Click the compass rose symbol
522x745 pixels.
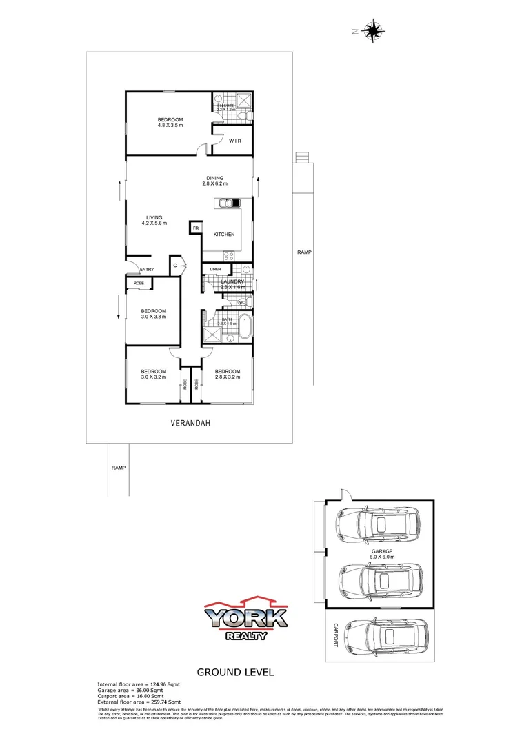373,30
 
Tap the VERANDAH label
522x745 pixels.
190,424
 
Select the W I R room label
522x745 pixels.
234,141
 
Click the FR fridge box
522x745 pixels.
196,228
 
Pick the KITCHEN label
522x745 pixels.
224,235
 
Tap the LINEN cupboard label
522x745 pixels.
214,269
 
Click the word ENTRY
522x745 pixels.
146,269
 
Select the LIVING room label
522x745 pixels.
154,217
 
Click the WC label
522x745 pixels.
242,302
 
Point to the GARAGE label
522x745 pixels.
381,551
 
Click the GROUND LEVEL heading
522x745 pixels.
236,672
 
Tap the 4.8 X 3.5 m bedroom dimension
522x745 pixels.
170,126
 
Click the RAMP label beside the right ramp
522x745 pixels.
304,252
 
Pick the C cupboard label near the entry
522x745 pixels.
175,265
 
